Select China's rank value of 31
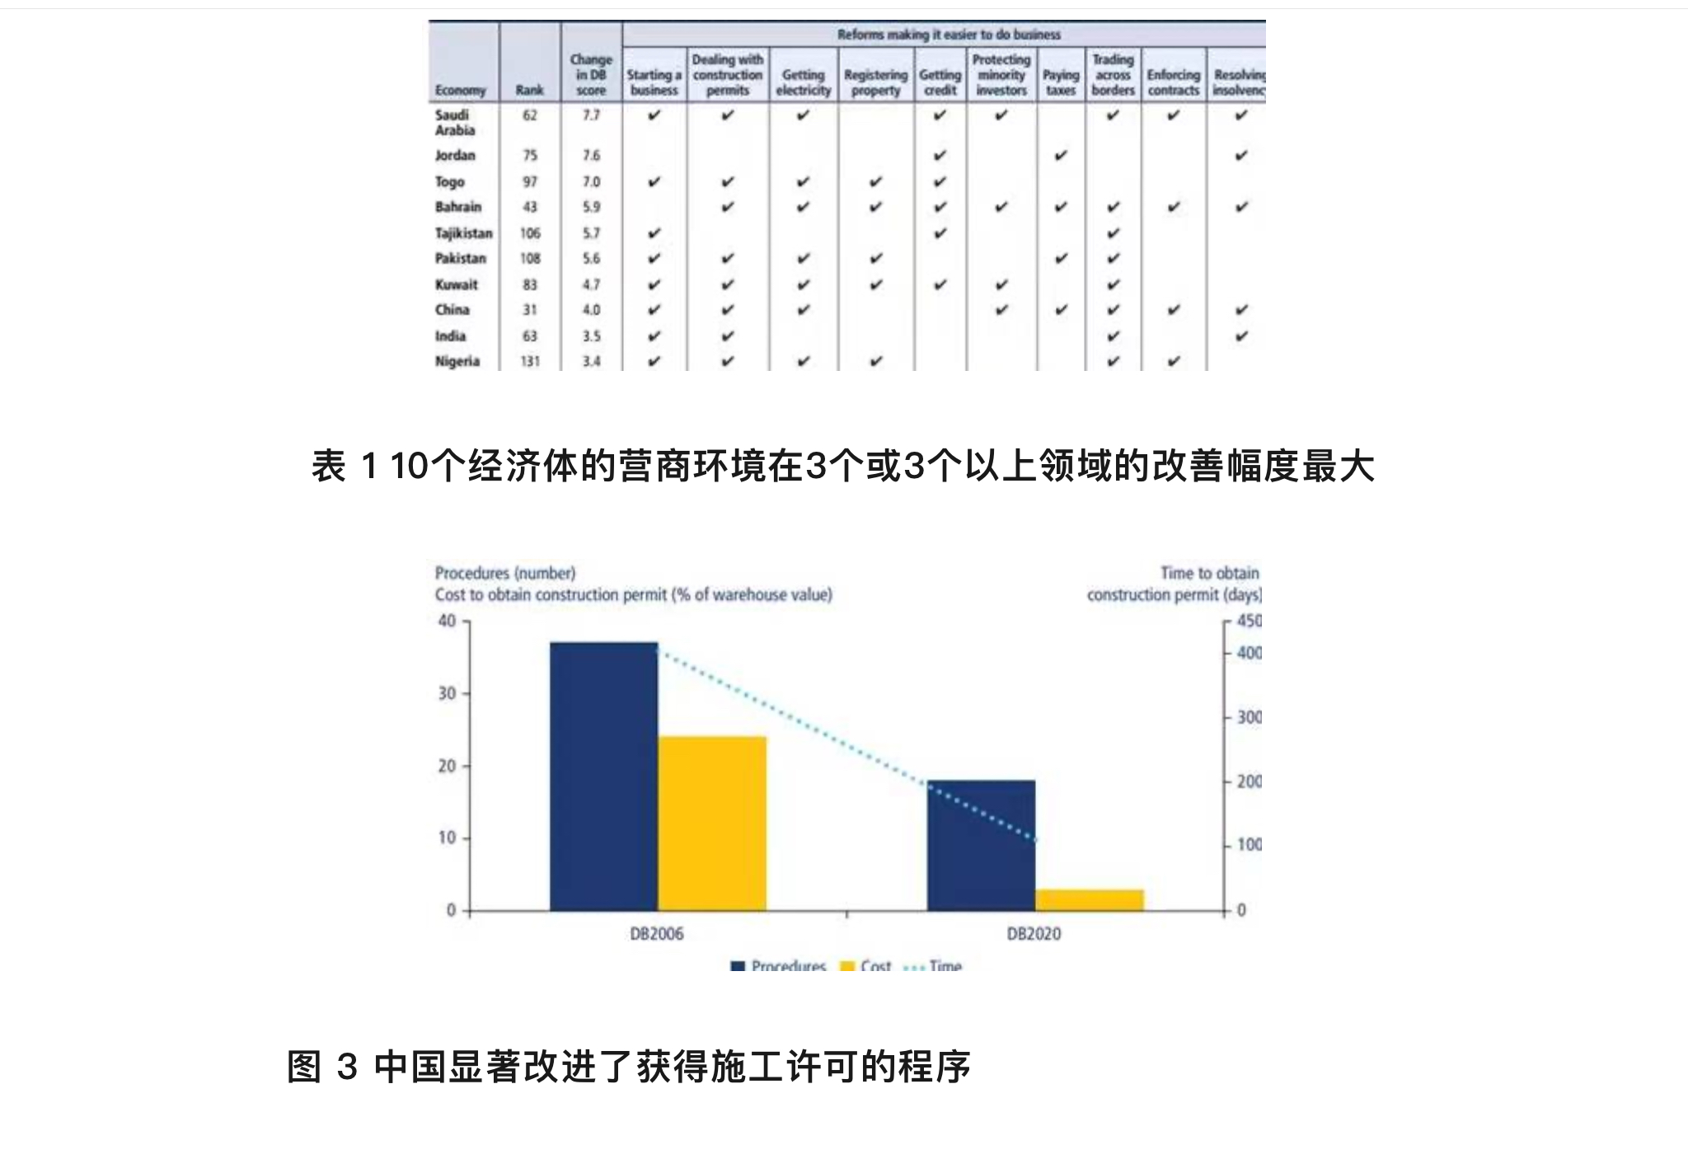[529, 310]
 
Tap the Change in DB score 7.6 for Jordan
[591, 155]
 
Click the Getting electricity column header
[803, 82]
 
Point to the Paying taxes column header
[1061, 82]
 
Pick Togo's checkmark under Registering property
[875, 181]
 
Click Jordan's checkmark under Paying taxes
[1061, 155]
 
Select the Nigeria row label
[457, 361]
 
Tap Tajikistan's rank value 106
[529, 233]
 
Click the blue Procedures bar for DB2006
[603, 776]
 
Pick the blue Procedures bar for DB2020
[981, 845]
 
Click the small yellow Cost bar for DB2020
[1090, 899]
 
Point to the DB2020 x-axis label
[1034, 934]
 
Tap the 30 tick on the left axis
[447, 693]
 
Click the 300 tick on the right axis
[1249, 717]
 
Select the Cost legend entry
[865, 965]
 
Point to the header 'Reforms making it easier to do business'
[949, 35]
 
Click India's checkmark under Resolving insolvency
[1241, 335]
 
